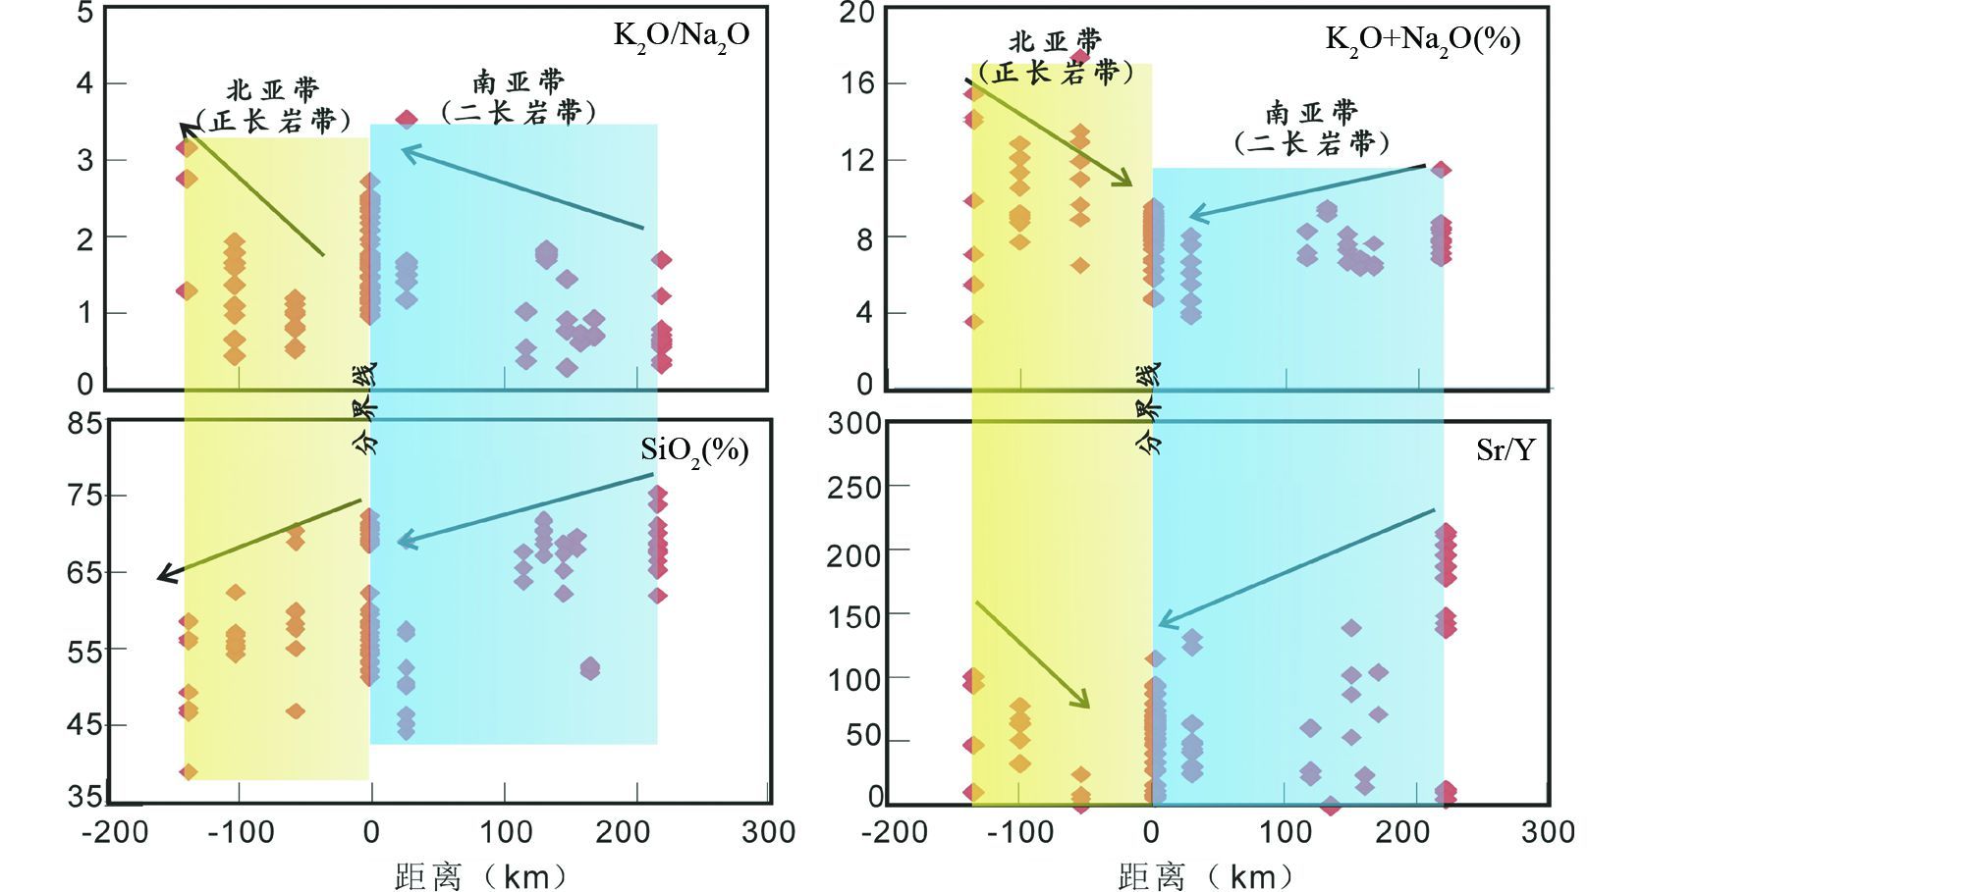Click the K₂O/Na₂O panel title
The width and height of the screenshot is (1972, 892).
(682, 36)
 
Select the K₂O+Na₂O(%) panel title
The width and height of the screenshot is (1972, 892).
(1422, 40)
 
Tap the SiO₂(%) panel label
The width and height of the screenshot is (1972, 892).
(694, 450)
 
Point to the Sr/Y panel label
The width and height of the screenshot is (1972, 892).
(1505, 449)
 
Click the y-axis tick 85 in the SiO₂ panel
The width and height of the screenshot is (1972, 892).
(84, 423)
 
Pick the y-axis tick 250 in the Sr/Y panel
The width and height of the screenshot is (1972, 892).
(853, 488)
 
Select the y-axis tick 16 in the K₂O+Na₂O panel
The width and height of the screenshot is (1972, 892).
(857, 83)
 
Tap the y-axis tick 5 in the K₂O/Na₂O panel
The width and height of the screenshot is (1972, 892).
(85, 13)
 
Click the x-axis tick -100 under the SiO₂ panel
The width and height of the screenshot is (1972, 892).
(241, 832)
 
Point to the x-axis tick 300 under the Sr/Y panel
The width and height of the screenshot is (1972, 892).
(1548, 832)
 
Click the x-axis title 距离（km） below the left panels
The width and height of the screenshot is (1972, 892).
(481, 875)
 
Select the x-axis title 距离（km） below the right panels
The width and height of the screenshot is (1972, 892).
(1205, 875)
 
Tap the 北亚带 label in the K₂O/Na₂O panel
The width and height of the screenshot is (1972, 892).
(273, 90)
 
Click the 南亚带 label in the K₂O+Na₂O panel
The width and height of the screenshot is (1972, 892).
(1311, 112)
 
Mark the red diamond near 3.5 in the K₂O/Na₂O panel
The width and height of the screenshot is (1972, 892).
(407, 120)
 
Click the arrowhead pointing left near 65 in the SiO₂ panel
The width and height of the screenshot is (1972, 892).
(165, 576)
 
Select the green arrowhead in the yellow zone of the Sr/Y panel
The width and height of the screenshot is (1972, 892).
(1083, 701)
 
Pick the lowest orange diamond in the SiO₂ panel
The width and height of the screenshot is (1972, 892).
(189, 772)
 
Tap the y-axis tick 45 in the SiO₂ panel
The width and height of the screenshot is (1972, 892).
(84, 725)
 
